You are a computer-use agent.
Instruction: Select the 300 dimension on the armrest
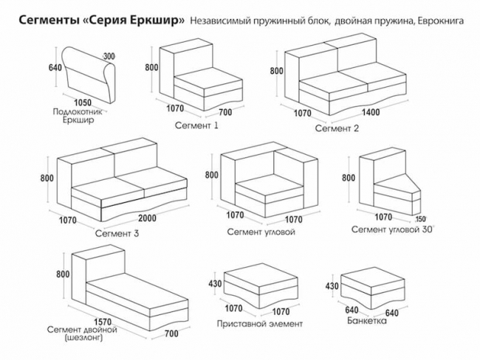pyautogui.click(x=109, y=57)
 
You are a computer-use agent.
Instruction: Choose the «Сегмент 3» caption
pyautogui.click(x=117, y=234)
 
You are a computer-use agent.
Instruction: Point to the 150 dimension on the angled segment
pyautogui.click(x=420, y=219)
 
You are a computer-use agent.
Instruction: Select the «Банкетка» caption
pyautogui.click(x=367, y=322)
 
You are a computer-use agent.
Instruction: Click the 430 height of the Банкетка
pyautogui.click(x=332, y=286)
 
